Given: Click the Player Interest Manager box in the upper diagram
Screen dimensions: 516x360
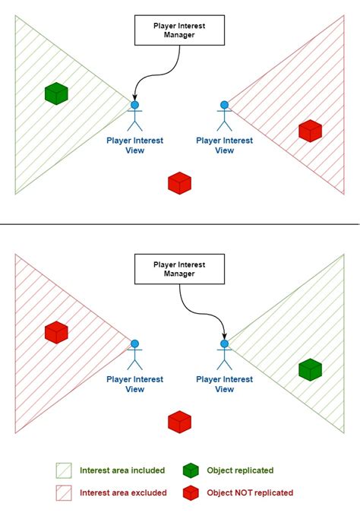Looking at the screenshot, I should coord(179,30).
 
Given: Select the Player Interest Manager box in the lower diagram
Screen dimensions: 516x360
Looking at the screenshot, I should coord(179,270).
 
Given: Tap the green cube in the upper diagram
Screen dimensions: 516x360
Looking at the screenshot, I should coord(56,93).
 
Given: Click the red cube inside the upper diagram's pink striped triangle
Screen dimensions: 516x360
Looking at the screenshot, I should coord(309,130).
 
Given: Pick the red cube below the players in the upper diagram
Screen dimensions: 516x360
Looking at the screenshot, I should coord(179,183).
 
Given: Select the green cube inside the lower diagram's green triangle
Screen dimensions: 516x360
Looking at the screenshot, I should coord(309,370).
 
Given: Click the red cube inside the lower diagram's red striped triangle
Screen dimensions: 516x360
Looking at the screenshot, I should coord(56,332).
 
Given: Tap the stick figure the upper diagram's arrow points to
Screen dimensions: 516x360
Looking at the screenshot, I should coord(135,116).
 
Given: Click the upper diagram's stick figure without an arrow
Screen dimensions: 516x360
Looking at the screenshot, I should coord(224,116).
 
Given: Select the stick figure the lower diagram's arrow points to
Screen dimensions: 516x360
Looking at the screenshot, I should coord(224,355).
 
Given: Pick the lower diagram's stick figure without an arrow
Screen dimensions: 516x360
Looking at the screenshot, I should coord(135,355).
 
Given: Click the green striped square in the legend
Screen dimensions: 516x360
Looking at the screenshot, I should coord(64,470).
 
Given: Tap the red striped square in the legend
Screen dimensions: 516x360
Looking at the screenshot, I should coord(64,493).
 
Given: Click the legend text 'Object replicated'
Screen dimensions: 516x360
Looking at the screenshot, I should coord(240,470).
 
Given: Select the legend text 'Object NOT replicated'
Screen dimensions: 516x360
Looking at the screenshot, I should coord(250,493).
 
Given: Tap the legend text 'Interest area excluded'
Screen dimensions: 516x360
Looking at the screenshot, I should coord(122,493).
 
